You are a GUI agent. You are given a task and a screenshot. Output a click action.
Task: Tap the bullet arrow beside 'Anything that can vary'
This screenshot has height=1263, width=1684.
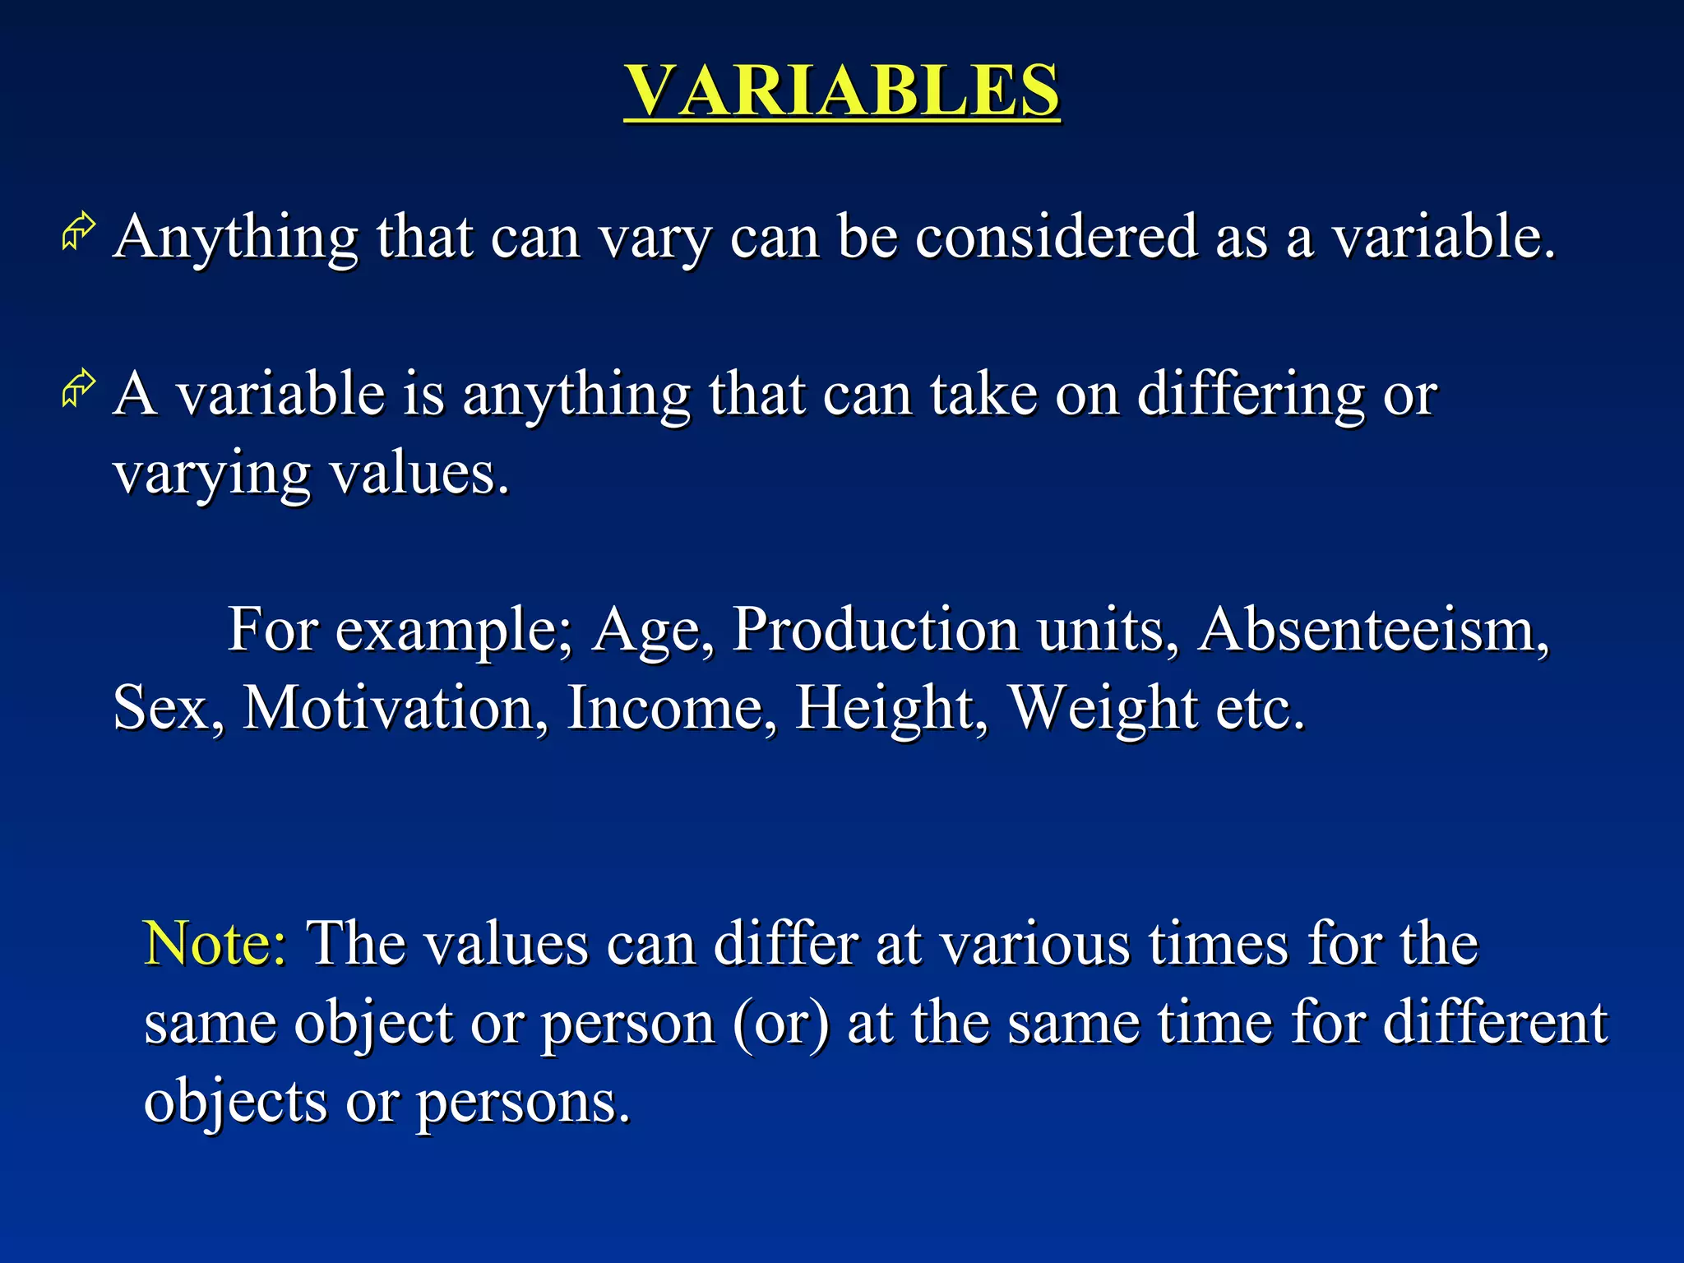79,232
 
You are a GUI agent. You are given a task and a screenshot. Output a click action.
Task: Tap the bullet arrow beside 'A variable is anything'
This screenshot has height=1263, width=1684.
79,389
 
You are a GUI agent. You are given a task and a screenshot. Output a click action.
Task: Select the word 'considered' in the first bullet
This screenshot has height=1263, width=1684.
1056,237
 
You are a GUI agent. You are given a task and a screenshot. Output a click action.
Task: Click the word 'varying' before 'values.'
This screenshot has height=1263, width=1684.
211,475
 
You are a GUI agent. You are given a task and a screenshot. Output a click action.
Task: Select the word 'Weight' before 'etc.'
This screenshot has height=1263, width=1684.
1103,709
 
